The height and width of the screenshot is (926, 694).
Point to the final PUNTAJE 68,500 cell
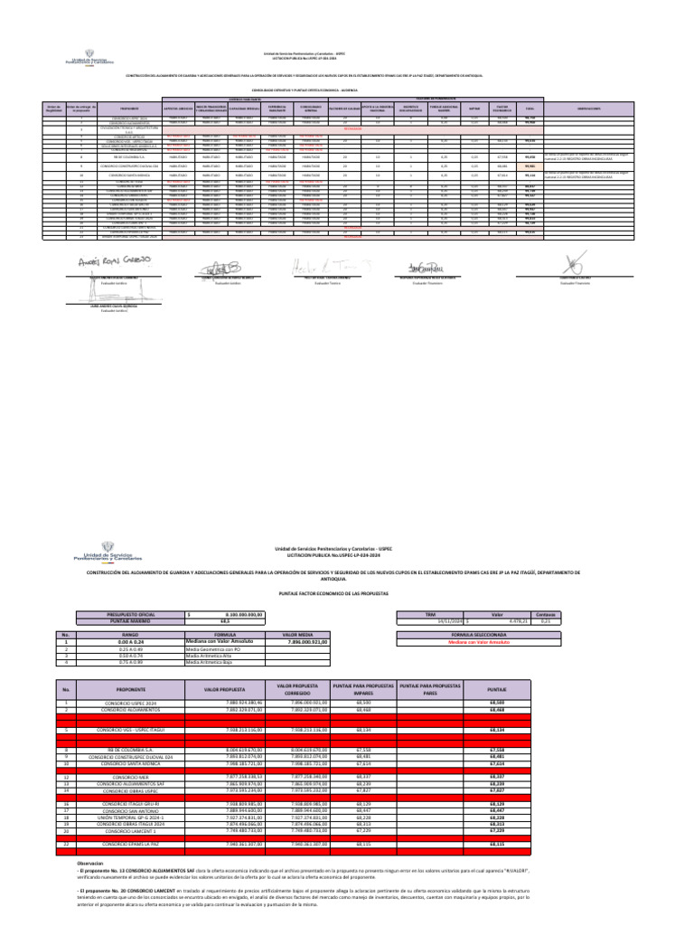coord(496,702)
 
